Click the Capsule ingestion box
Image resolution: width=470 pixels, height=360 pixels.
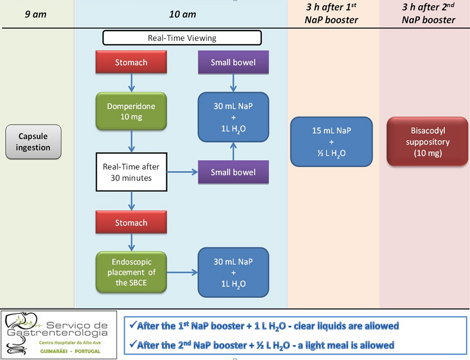(33, 142)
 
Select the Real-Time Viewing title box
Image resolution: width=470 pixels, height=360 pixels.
(182, 38)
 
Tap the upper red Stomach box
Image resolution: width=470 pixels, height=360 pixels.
(131, 63)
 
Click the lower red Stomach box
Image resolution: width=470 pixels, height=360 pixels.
(131, 223)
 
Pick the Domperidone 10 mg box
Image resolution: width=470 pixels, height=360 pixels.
(131, 112)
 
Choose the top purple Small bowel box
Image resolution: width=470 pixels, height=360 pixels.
(233, 63)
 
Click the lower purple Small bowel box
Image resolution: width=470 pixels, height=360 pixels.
(233, 172)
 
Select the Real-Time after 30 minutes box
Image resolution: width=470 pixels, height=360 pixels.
(131, 172)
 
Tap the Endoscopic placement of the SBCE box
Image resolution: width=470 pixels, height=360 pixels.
(131, 272)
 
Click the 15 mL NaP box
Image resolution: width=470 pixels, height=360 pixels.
(331, 141)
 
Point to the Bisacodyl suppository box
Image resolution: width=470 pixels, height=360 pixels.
(427, 141)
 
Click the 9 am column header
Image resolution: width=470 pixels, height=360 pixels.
(36, 14)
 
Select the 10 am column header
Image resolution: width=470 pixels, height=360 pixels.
(182, 14)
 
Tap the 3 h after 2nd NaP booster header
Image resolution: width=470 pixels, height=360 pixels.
(428, 14)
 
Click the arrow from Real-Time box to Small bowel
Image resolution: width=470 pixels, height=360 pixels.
(182, 172)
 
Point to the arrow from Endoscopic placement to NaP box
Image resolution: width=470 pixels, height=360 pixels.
(182, 272)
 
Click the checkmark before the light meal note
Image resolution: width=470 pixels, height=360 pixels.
(133, 345)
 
